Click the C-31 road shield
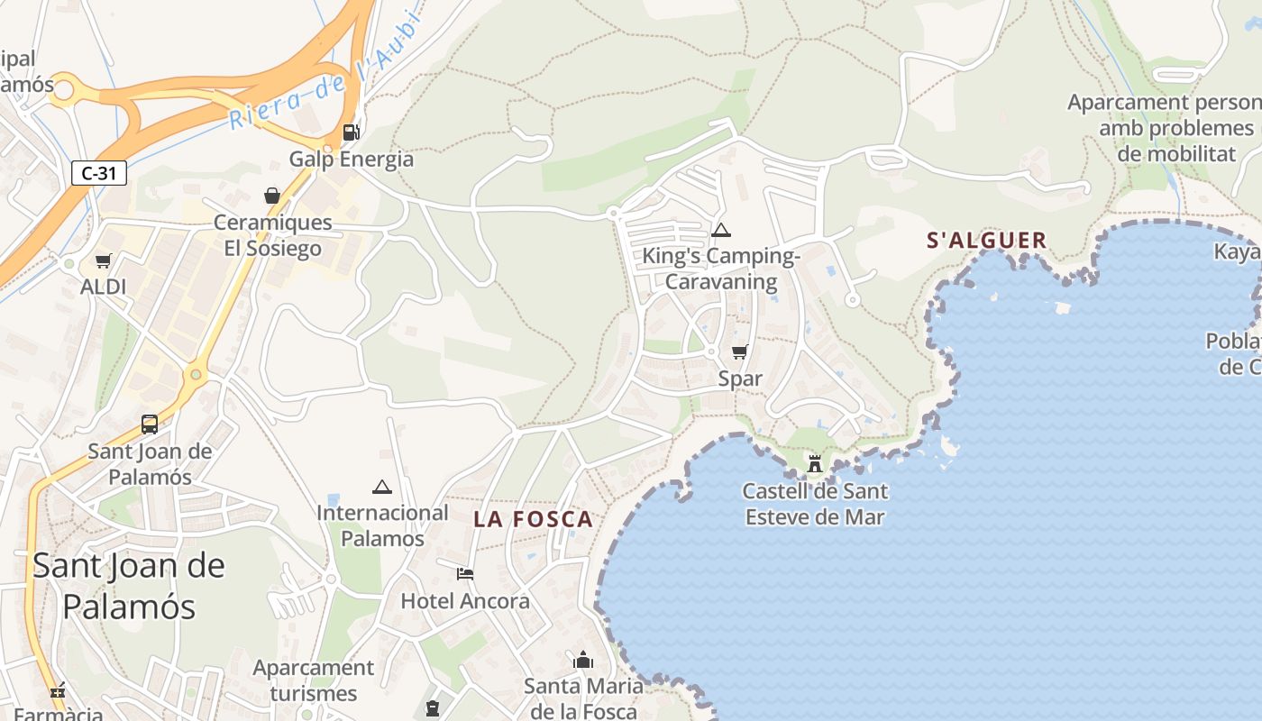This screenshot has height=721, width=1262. click(x=99, y=173)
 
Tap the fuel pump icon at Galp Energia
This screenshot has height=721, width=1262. click(x=352, y=132)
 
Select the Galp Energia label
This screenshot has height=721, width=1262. click(x=352, y=160)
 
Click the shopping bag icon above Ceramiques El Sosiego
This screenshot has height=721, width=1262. click(x=271, y=196)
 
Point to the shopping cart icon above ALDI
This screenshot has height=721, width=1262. click(x=103, y=261)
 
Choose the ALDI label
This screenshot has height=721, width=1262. click(x=103, y=287)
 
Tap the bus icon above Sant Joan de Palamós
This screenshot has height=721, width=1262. click(x=150, y=424)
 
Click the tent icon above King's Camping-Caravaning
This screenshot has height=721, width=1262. click(x=720, y=231)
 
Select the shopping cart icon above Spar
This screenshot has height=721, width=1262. click(x=739, y=351)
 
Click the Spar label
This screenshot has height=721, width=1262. click(x=740, y=379)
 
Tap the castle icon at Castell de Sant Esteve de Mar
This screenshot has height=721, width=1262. click(x=815, y=463)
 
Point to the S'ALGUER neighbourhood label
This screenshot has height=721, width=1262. click(x=987, y=241)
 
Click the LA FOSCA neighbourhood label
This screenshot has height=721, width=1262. click(x=534, y=519)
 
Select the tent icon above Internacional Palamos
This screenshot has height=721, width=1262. click(x=382, y=488)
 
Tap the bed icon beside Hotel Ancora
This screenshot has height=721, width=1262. click(x=465, y=573)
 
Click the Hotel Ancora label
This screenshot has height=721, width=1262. click(x=465, y=601)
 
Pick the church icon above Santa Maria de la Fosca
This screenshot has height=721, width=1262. click(x=583, y=661)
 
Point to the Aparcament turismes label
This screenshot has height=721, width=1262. click(x=314, y=680)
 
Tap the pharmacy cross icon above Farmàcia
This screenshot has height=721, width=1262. click(x=59, y=692)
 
